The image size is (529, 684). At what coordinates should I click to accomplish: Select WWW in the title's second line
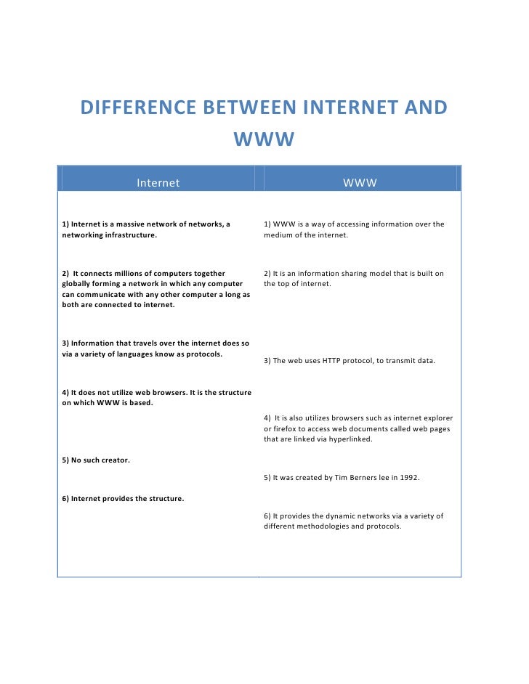click(263, 139)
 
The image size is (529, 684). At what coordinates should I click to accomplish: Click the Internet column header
click(158, 183)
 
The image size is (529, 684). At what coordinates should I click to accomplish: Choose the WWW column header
click(360, 183)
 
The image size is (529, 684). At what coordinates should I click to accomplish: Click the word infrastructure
click(132, 235)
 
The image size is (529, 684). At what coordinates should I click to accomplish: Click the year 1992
click(408, 478)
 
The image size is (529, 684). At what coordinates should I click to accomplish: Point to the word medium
click(277, 235)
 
